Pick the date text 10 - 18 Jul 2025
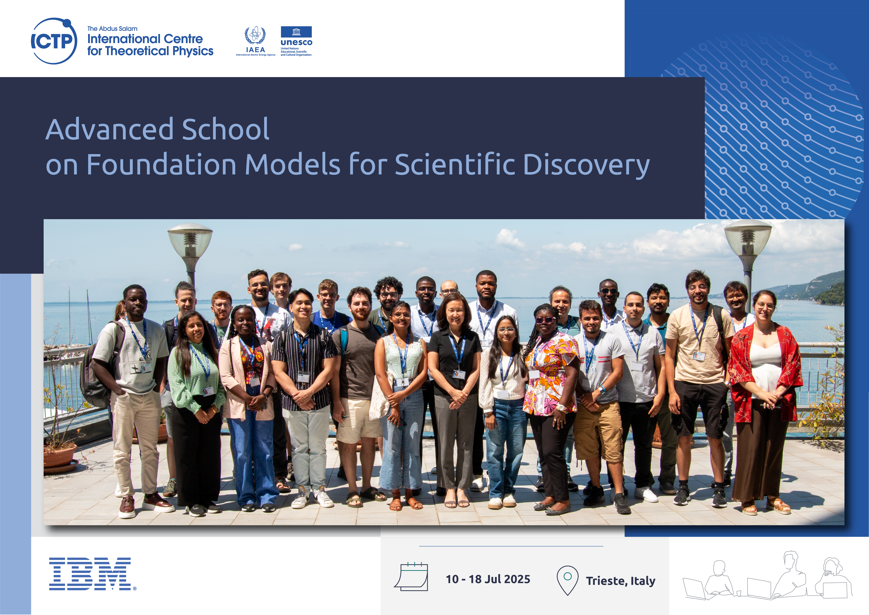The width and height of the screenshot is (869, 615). [x=488, y=579]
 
